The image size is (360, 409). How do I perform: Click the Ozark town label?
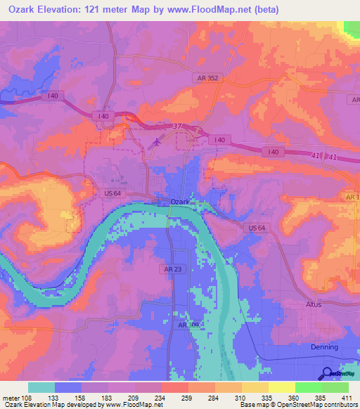[181, 202]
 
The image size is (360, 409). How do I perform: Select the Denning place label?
[324, 347]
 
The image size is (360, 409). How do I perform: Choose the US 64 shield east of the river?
[257, 228]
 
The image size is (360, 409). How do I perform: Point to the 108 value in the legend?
[27, 398]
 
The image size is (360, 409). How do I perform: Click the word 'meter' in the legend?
[9, 398]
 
